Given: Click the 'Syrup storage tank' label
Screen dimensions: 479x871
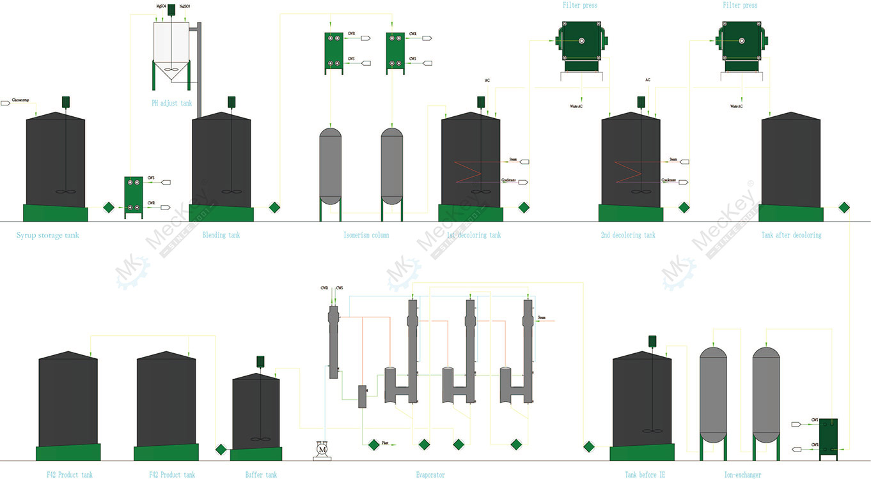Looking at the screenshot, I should [x=48, y=235].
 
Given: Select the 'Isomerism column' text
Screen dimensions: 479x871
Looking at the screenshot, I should [x=366, y=235].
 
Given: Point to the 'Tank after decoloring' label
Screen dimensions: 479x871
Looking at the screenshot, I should [x=791, y=235].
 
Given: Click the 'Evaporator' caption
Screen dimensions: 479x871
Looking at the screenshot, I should [x=430, y=475].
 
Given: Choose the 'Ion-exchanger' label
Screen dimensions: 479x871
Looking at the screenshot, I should [x=742, y=475].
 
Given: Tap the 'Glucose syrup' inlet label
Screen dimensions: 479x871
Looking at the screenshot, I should [x=21, y=101].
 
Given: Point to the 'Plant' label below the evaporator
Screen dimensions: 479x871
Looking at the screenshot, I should [x=386, y=443].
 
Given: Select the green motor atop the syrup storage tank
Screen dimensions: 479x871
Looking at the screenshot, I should [x=65, y=102].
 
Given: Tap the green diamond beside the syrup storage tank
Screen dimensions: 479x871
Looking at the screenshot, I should [x=108, y=208].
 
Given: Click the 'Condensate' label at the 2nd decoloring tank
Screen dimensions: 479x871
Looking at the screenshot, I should [x=669, y=181].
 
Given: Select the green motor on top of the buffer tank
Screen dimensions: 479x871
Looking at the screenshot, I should [x=261, y=361].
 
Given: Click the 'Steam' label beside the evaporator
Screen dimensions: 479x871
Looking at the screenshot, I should [x=542, y=317].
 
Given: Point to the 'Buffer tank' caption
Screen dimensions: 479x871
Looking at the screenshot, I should [x=261, y=475].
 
